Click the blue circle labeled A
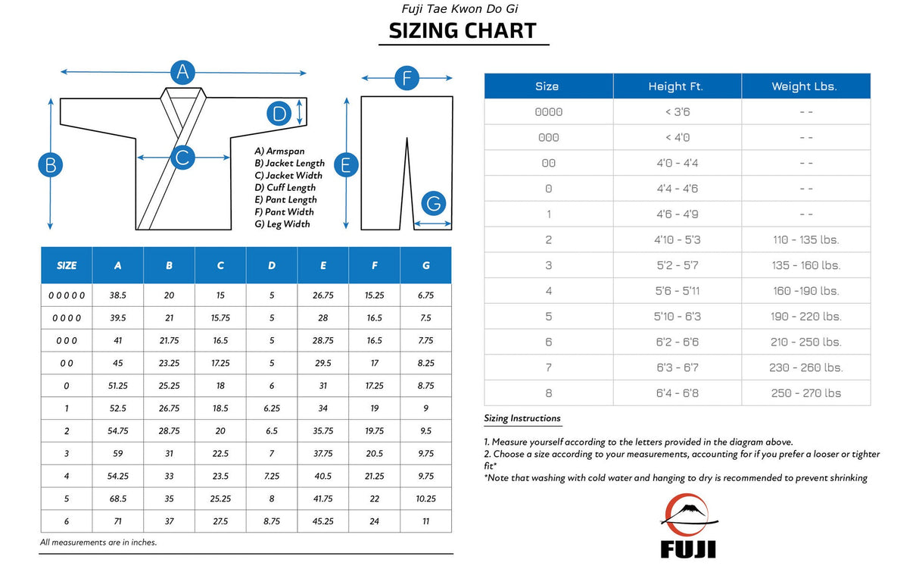pos(182,72)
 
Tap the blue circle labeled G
pos(434,204)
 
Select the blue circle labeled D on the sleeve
pos(279,114)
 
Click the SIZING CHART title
pos(463,30)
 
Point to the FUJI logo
pos(688,527)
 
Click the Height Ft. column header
pos(675,86)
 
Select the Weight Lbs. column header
pos(804,86)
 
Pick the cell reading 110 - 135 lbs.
pos(805,239)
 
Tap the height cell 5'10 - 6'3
pos(677,316)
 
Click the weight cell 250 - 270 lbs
pos(805,392)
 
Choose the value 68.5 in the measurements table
pos(117,499)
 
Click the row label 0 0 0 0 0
pos(67,295)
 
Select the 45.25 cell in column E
pos(323,521)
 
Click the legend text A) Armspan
pos(279,152)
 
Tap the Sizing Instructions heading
pos(522,418)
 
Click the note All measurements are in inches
pos(98,542)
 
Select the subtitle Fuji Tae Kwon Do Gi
pos(459,9)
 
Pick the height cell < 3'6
pos(677,112)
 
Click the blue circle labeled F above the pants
pos(407,78)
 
